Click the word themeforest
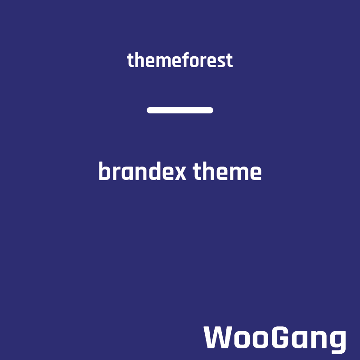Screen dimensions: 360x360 (x=180, y=60)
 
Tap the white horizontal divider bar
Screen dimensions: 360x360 (x=180, y=110)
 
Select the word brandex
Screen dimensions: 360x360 (x=142, y=171)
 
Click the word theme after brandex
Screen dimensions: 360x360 (x=227, y=171)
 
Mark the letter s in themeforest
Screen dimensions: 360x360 (x=220, y=62)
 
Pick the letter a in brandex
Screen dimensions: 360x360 (x=127, y=173)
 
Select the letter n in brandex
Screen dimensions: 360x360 (x=141, y=173)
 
